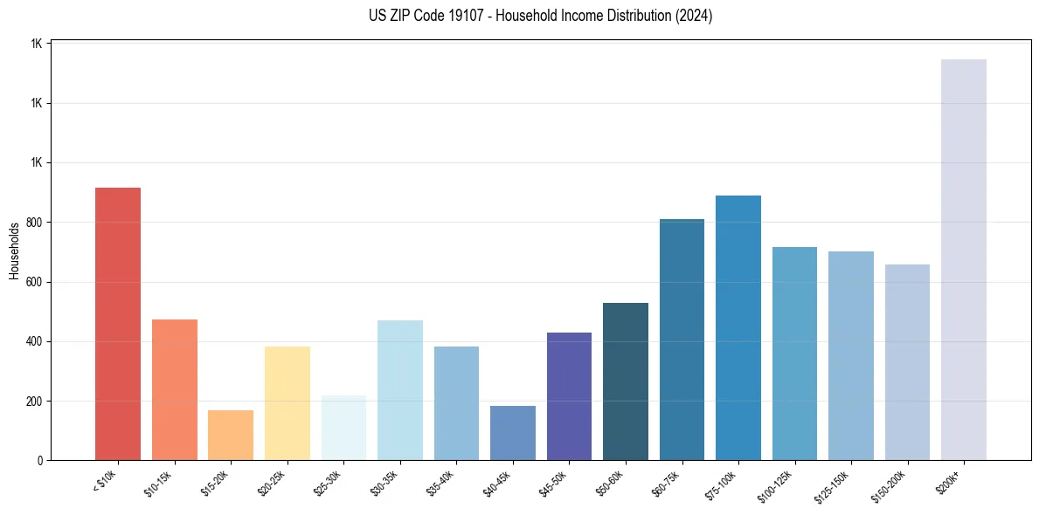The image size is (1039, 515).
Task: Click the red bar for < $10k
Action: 118,324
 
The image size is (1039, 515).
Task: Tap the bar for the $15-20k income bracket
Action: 231,435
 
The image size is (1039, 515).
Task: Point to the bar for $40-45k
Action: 513,433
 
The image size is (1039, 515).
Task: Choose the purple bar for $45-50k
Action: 569,396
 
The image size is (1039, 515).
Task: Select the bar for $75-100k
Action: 738,327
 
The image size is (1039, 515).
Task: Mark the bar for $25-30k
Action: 343,428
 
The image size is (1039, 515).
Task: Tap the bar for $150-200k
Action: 907,362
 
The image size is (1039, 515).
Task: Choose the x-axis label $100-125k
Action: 777,485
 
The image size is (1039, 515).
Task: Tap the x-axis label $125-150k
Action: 834,485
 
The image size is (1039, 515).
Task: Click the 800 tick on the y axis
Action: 35,223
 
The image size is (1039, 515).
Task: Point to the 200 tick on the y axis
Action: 35,402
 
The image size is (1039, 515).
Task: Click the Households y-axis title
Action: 14,251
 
